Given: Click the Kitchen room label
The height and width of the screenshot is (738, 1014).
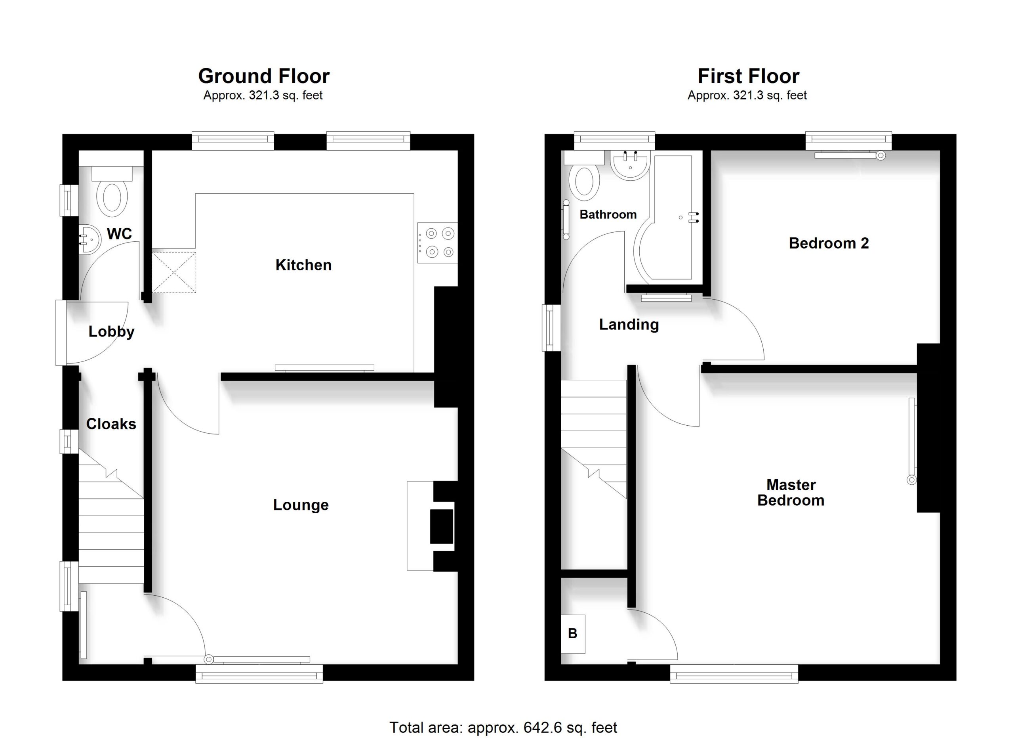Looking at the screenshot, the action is pyautogui.click(x=303, y=265).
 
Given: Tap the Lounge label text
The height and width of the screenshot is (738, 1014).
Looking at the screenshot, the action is pyautogui.click(x=301, y=505).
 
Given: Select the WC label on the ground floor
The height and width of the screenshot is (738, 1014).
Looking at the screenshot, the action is pyautogui.click(x=119, y=233).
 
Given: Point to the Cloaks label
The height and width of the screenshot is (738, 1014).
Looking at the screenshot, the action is pyautogui.click(x=111, y=424).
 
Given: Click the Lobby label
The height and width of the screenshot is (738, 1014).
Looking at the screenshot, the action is pyautogui.click(x=111, y=332).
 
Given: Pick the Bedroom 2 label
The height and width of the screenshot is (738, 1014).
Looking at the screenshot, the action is pyautogui.click(x=829, y=243).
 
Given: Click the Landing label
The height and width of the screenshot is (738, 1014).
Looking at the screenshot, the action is pyautogui.click(x=629, y=325).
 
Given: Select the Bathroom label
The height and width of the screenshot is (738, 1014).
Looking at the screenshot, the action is pyautogui.click(x=608, y=215).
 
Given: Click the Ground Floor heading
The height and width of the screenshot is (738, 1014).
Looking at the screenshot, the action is pyautogui.click(x=264, y=76).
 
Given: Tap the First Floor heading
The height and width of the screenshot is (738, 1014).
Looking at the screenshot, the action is pyautogui.click(x=749, y=76).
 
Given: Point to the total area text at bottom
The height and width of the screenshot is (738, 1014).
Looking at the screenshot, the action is pyautogui.click(x=503, y=728).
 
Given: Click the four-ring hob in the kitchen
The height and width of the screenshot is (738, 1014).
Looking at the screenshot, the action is pyautogui.click(x=438, y=243).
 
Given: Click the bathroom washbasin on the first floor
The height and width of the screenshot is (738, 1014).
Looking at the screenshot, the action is pyautogui.click(x=630, y=165).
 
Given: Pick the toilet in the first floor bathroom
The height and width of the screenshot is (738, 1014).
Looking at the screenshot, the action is pyautogui.click(x=584, y=176).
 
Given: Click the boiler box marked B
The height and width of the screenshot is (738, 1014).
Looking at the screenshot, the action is pyautogui.click(x=573, y=634).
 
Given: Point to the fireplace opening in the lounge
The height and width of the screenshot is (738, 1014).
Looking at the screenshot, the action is pyautogui.click(x=442, y=526).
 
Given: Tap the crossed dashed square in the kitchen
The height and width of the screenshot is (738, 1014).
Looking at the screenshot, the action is pyautogui.click(x=174, y=272).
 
